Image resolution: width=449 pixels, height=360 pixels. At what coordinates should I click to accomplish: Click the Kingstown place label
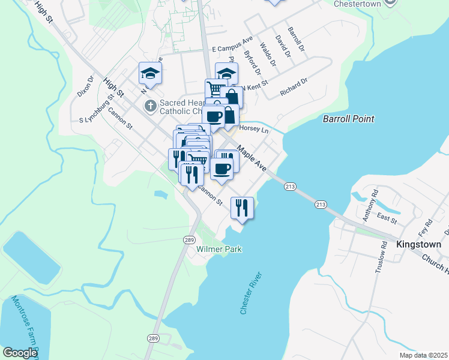pos(418,244)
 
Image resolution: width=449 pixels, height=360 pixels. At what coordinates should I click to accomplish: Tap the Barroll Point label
pos(348,119)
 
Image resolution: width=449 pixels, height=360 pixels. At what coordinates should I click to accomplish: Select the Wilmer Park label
pos(221,249)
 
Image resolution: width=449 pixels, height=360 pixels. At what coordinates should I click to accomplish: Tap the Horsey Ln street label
pos(254,129)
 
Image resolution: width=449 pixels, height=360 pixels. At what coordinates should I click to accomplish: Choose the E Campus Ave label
pos(233,45)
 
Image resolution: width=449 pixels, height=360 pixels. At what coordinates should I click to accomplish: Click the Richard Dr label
pos(294,87)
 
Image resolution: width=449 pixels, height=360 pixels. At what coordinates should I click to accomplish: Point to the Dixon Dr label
pos(85,86)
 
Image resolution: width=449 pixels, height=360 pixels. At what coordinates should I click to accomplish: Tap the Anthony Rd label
pos(374,202)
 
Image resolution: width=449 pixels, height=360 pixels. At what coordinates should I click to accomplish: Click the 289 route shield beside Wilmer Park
pos(188,239)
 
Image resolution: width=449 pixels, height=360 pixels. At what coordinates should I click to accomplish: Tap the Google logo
pos(20,353)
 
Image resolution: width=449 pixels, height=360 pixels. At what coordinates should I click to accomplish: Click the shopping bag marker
pos(232,97)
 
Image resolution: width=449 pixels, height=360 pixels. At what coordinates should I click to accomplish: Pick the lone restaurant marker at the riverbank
pos(241,208)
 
